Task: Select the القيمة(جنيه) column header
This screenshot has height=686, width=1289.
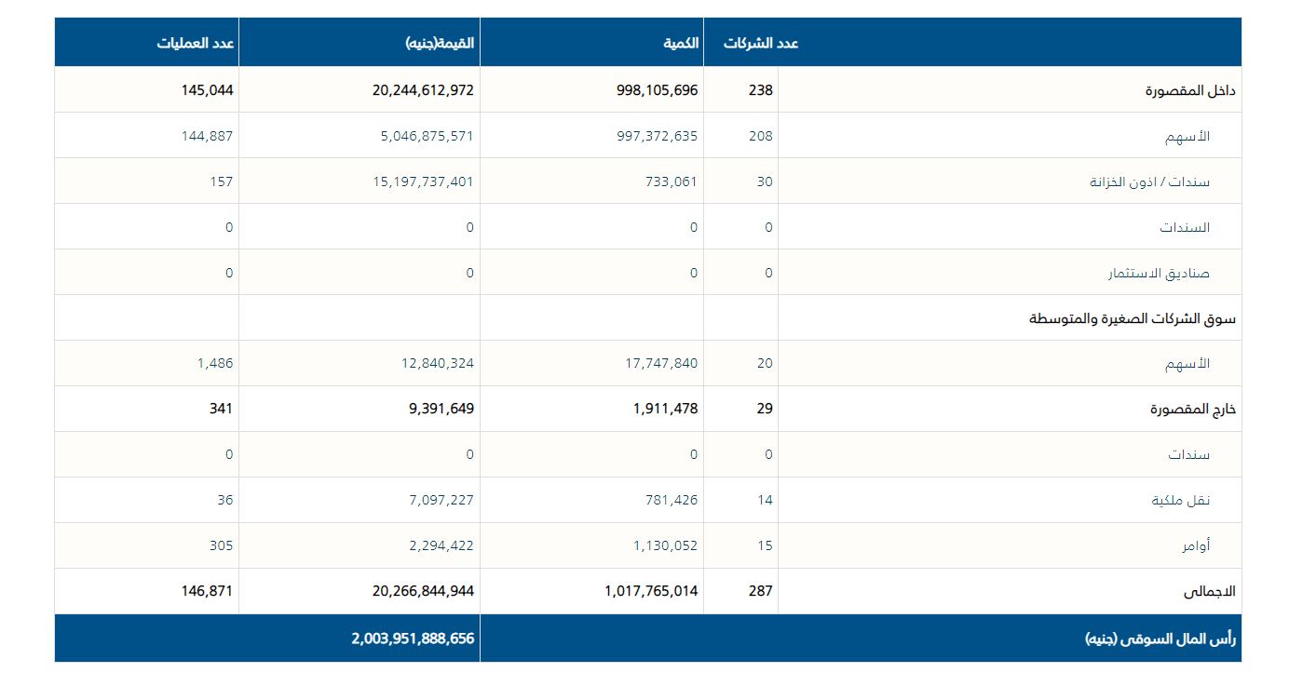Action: pos(440,43)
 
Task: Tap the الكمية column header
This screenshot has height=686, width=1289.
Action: pos(681,43)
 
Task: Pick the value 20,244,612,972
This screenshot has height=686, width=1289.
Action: pos(417,90)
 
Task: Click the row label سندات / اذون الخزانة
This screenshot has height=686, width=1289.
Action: pos(1149,182)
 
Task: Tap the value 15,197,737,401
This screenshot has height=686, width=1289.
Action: pos(423,182)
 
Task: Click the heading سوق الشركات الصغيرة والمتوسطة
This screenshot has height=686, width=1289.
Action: pos(1132,318)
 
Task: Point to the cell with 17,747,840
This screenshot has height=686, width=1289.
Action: pos(661,363)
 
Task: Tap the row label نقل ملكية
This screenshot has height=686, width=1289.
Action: pos(1181,501)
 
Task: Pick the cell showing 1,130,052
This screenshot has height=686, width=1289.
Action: pos(665,545)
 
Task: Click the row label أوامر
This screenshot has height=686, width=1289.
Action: pos(1196,546)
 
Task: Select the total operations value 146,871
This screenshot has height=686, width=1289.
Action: pos(207,591)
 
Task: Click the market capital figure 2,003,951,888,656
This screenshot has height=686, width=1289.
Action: pos(413,639)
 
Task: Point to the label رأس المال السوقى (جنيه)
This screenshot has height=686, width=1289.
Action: pos(1160,639)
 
